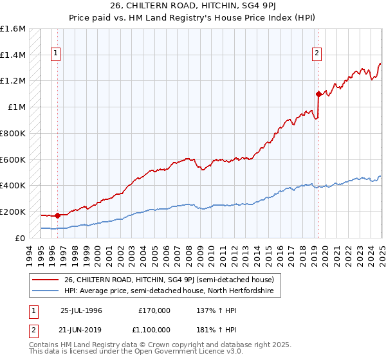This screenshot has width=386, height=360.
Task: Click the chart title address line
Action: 193,7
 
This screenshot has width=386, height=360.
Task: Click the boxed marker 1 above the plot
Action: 57,54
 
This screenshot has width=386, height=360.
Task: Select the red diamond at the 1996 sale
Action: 57,215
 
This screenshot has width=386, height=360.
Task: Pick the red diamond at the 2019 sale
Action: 318,94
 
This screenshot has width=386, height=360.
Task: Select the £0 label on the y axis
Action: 21,238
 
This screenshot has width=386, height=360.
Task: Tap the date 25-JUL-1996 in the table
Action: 81,310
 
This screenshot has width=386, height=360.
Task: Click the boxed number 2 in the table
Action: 33,328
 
